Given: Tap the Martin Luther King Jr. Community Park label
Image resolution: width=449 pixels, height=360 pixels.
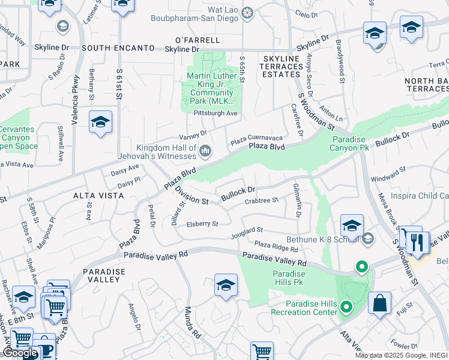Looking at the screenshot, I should tap(214, 89).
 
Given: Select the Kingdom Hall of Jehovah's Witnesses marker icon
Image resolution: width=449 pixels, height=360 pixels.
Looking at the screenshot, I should tap(205, 150).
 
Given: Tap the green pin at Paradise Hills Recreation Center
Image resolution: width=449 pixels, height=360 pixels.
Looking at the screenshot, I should tap(346, 308).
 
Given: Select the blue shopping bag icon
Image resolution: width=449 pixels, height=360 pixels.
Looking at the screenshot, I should tap(379, 303).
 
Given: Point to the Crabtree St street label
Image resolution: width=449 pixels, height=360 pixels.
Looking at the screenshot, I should tap(262, 200).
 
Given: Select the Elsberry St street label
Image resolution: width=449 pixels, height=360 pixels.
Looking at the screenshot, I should tap(202, 223).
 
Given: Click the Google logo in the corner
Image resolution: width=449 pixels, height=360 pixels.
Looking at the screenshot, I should tap(20, 353).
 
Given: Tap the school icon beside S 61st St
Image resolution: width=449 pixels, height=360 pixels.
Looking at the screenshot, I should tap(100, 122).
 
